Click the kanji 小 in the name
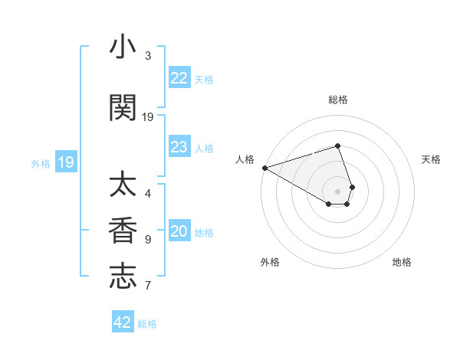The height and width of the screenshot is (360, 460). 123,47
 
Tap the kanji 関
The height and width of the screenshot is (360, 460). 123,108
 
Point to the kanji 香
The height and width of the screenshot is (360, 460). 123,231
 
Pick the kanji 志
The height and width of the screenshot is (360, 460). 123,277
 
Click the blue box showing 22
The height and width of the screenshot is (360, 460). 179,78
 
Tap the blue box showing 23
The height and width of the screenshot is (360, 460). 179,147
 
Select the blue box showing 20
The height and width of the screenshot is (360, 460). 179,232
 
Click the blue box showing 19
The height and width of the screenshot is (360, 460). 65,162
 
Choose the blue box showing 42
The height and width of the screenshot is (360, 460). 123,322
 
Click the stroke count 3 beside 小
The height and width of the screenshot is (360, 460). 148,56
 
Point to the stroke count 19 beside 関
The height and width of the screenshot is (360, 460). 148,117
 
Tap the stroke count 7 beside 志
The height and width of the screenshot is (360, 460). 148,286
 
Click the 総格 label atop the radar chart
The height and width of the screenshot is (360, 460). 338,100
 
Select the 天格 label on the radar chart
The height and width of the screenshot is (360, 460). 432,159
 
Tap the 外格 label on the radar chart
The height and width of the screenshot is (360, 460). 270,262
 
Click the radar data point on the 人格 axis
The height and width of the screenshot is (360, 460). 264,168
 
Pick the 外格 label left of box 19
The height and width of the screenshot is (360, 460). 41,163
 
